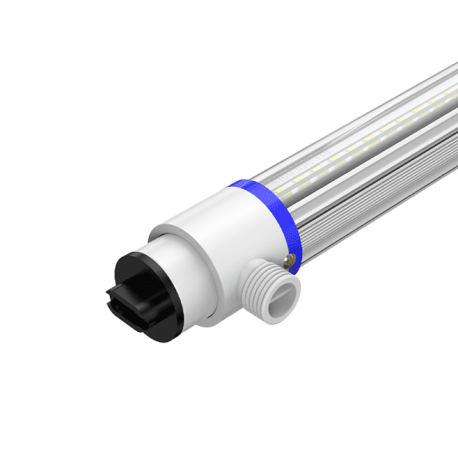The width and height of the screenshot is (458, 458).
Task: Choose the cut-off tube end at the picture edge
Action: point(450,114)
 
